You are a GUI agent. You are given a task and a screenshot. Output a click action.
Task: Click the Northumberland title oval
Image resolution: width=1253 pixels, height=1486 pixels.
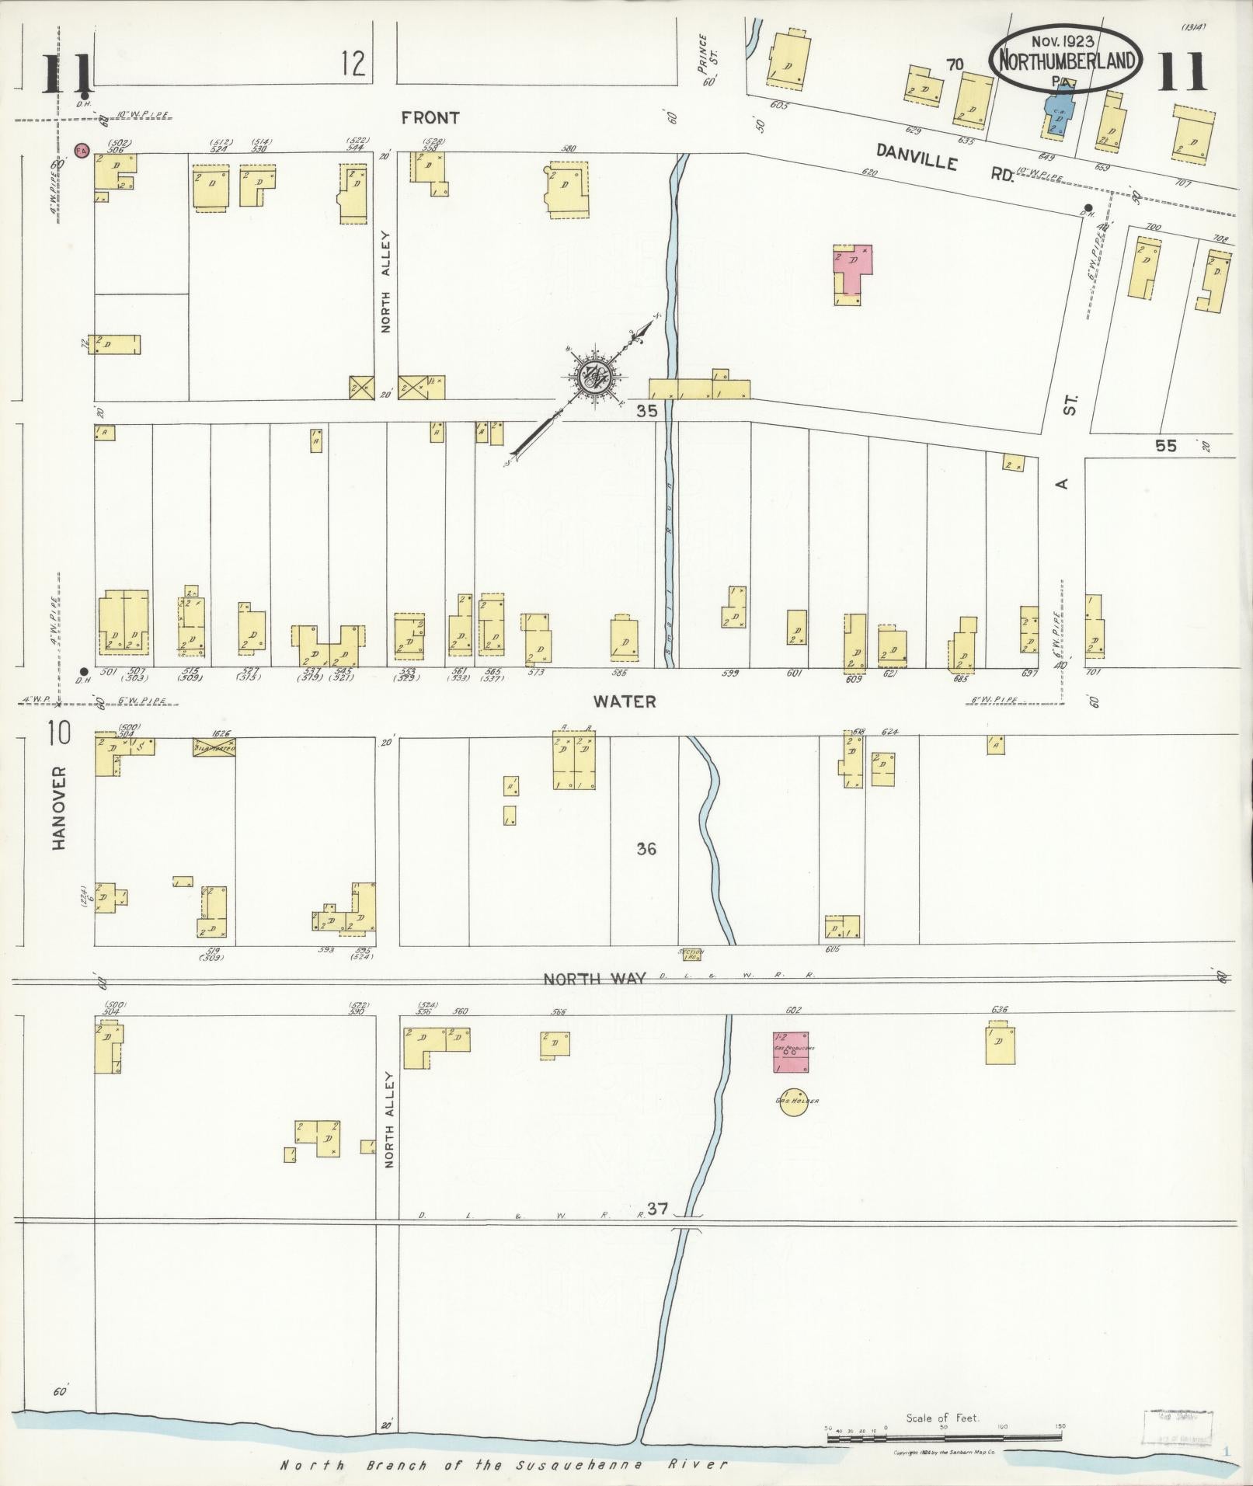tap(1066, 60)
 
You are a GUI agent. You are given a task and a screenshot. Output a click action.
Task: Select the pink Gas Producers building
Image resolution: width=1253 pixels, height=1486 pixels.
tap(790, 1052)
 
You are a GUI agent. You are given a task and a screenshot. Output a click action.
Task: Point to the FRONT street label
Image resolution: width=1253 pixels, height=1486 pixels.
tap(430, 118)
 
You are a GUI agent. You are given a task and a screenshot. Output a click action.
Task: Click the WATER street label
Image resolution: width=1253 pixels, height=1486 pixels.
tap(625, 701)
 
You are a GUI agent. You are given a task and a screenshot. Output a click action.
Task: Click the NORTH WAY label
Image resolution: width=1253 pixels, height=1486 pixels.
tap(594, 978)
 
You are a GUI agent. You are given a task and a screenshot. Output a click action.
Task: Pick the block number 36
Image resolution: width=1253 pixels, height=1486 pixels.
tap(646, 849)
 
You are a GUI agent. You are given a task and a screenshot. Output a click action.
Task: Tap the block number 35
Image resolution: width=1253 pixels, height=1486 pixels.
tap(646, 412)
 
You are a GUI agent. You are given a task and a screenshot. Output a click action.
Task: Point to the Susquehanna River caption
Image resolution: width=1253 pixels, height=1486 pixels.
tap(505, 1465)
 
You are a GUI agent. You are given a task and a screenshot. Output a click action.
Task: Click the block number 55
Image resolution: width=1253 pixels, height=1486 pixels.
tap(1166, 446)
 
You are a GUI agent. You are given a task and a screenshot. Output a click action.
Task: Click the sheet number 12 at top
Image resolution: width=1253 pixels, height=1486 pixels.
tap(353, 63)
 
